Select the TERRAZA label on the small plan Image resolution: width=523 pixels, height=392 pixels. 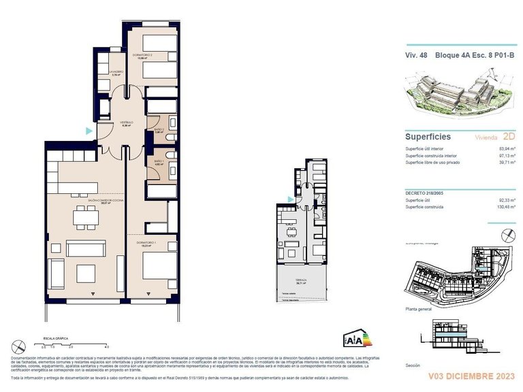coord(301,280)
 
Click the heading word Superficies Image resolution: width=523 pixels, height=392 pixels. coord(428,137)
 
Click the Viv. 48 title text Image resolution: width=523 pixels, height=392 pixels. coord(418,55)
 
